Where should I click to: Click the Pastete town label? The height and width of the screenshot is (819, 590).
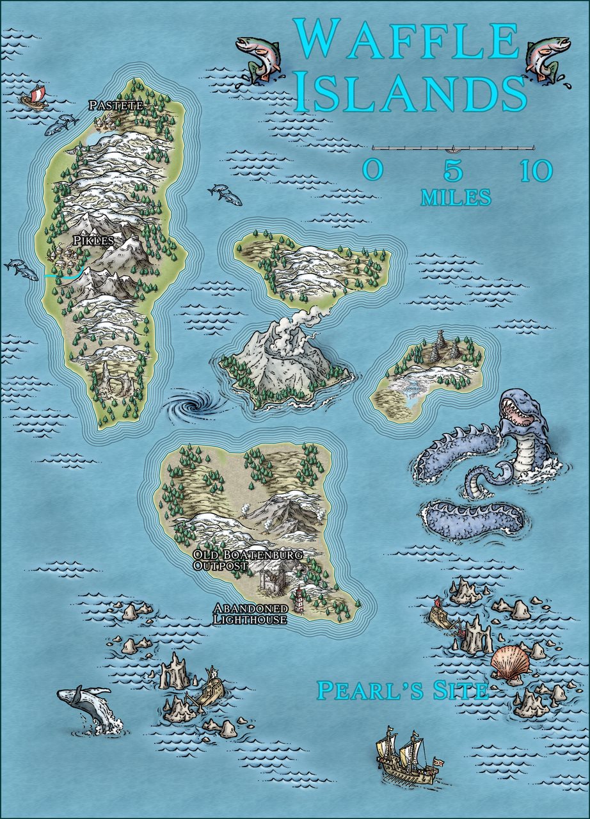(x=116, y=105)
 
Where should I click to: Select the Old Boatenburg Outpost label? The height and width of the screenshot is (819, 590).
(x=248, y=559)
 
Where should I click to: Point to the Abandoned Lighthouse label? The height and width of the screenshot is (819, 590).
(x=250, y=614)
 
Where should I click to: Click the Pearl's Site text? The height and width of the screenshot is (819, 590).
(x=403, y=690)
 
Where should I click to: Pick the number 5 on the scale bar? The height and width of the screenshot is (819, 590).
(x=452, y=171)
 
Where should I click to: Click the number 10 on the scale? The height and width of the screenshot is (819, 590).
(x=536, y=171)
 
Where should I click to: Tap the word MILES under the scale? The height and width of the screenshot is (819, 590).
(x=456, y=198)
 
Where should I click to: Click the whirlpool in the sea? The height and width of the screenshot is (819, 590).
(x=191, y=406)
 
